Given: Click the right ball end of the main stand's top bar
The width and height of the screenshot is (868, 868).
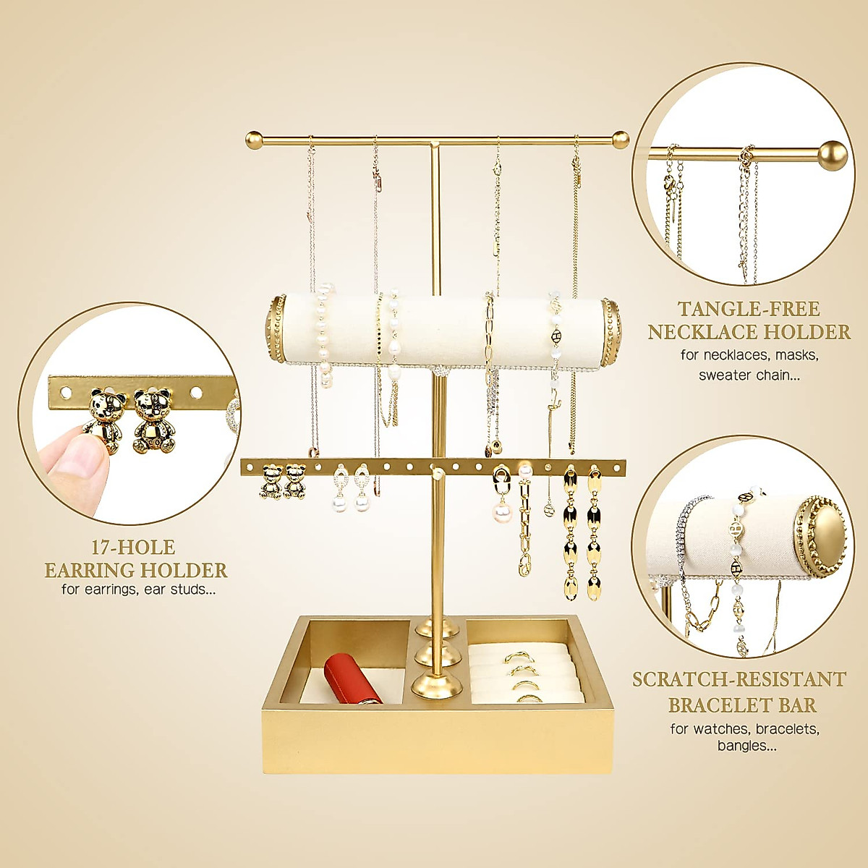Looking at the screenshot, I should [620, 139].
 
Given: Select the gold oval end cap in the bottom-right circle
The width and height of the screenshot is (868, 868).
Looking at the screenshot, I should [821, 535].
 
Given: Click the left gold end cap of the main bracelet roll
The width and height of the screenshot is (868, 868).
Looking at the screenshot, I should [277, 329].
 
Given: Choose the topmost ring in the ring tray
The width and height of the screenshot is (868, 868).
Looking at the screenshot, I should [517, 657].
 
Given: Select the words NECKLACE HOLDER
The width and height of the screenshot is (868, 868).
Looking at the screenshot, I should [749, 333].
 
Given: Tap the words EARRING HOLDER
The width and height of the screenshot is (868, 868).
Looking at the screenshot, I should [136, 571].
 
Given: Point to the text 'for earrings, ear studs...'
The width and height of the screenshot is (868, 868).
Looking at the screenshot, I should [138, 590].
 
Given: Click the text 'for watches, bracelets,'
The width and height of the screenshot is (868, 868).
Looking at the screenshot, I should [745, 728].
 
